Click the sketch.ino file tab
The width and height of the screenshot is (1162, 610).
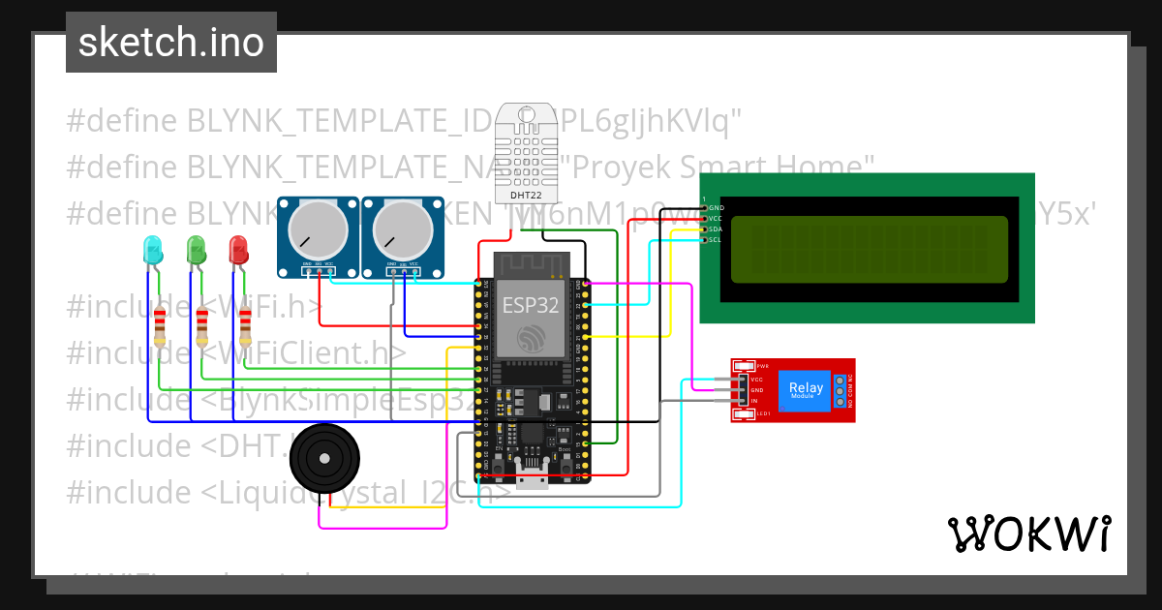(x=170, y=43)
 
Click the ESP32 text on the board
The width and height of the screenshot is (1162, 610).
(x=530, y=306)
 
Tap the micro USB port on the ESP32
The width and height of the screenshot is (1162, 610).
(x=530, y=478)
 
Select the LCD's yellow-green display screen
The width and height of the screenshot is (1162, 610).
(x=869, y=249)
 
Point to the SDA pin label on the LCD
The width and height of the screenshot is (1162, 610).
(x=715, y=229)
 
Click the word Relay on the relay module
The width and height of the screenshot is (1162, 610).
(x=806, y=387)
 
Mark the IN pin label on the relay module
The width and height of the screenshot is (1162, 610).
(x=753, y=401)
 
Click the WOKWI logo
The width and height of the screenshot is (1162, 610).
(x=1028, y=534)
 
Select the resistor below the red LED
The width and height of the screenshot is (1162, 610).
(x=245, y=324)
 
